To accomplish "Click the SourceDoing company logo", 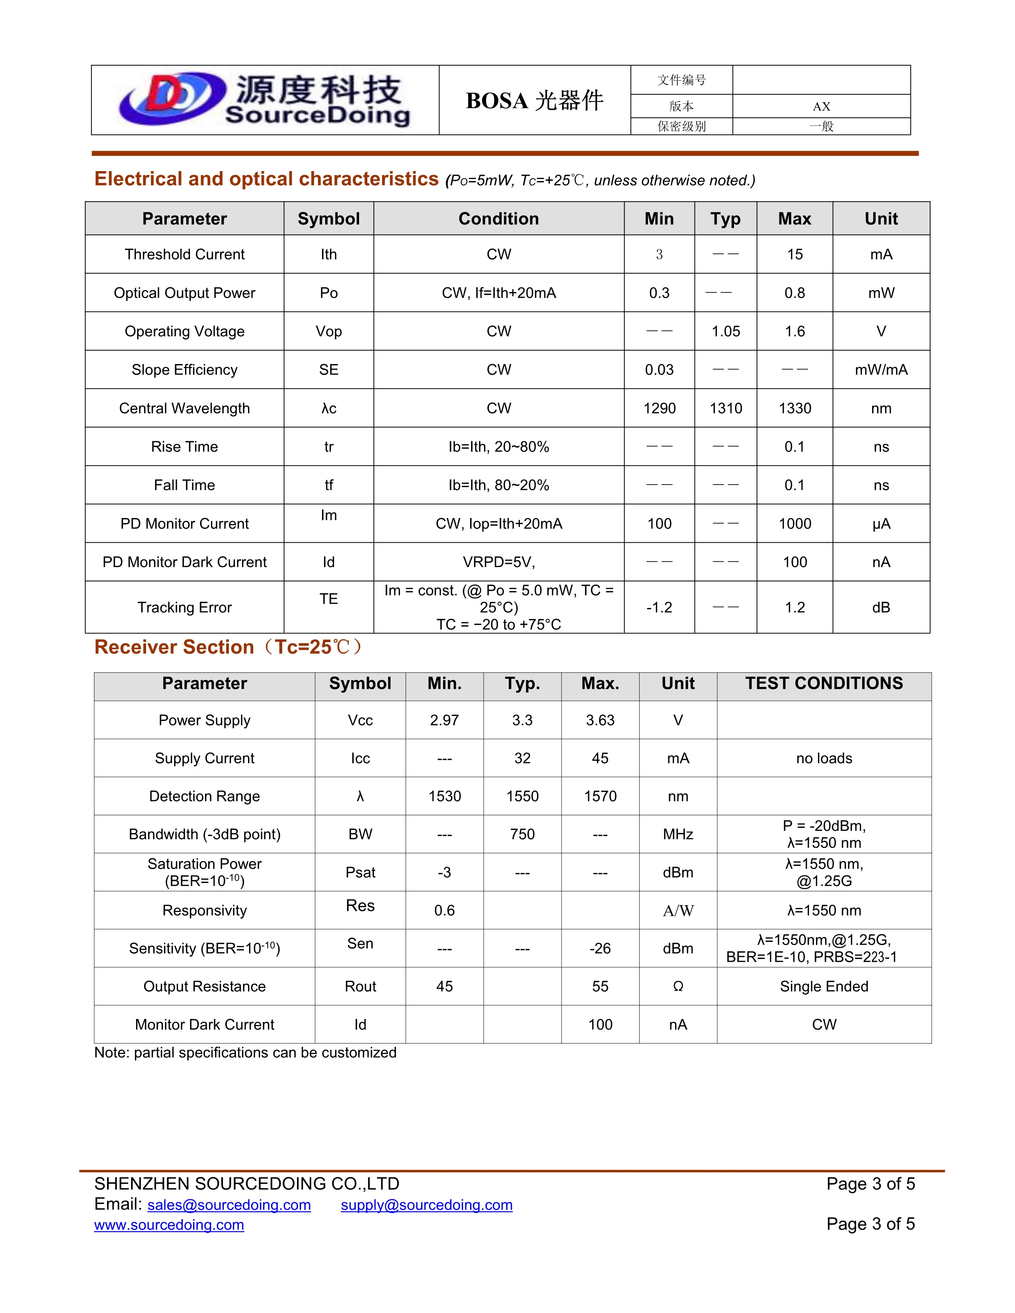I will point(265,100).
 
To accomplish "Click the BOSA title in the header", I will point(534,100).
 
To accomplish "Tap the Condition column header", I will point(498,219).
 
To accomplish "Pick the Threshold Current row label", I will point(185,254).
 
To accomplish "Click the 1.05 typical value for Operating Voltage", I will point(726,331).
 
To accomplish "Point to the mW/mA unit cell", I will point(881,370).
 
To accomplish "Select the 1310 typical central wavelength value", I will point(726,408).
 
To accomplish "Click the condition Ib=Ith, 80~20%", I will point(498,485).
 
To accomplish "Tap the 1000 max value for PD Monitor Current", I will point(794,524).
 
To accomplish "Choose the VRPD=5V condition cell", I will point(498,562).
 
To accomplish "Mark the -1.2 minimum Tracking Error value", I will point(659,607).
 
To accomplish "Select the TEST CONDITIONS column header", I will point(824,684).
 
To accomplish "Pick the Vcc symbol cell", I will point(360,720).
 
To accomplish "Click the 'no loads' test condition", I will point(824,758).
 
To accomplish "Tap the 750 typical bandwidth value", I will point(522,834).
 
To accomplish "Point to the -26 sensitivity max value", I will point(600,949).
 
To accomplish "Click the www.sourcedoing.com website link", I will point(169,1225).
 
